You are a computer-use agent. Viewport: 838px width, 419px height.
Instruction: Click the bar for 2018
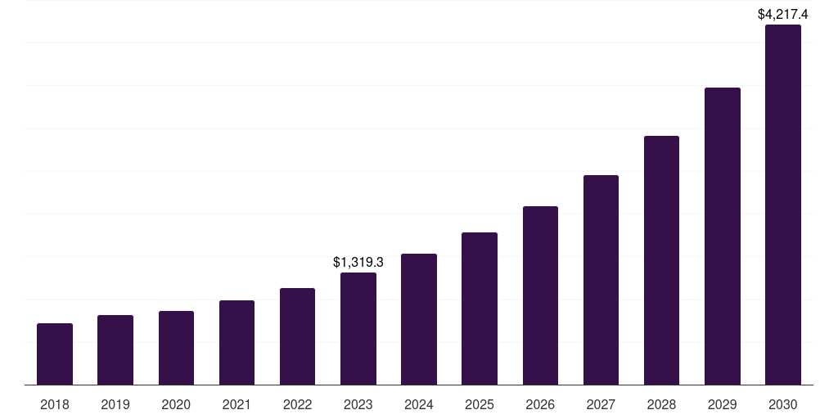pos(55,354)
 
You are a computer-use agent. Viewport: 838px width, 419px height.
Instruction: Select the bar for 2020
pos(176,348)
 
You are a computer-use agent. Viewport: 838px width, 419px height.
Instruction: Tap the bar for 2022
pos(297,336)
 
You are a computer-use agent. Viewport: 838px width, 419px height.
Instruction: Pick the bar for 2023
pos(358,328)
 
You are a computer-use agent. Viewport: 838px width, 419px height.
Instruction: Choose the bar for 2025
pos(480,309)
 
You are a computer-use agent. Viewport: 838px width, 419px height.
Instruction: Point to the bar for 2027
pos(601,280)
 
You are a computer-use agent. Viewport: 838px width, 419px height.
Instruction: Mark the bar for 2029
pos(722,236)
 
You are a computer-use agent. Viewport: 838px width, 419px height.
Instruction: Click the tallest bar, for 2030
pos(782,205)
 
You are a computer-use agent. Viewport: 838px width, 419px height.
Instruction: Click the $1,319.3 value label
pos(358,262)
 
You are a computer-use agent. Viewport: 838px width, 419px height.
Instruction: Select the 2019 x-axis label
pos(115,404)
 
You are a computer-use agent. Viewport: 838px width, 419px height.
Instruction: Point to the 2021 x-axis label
pos(237,404)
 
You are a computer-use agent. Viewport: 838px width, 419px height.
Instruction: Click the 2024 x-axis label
pos(419,404)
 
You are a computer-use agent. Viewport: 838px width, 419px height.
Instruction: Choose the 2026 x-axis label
pos(540,404)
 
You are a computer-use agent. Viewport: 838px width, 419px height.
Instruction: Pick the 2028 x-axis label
pos(661,404)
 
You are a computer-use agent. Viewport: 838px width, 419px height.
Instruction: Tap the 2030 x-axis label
pos(782,404)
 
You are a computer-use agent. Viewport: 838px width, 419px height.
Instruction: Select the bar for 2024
pos(419,319)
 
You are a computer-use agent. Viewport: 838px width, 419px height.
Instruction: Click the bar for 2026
pos(540,295)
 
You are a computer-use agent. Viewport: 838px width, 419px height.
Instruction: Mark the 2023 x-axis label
pos(358,404)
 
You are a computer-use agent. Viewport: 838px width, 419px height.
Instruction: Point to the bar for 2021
pos(237,342)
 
